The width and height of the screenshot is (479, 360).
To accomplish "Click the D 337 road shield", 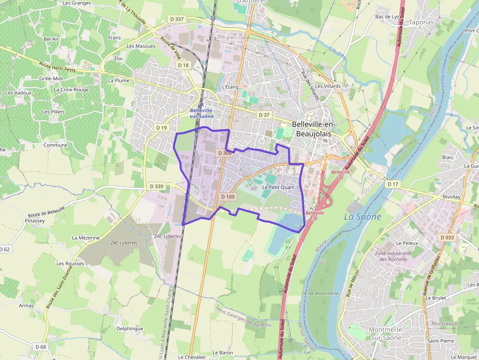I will [x=177, y=19].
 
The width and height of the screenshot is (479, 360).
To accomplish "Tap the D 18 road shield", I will [x=183, y=65].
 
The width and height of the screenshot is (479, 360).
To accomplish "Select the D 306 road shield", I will [x=225, y=153].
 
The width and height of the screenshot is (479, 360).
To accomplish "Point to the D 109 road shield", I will [x=228, y=197].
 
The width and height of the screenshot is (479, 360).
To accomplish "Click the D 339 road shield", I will [x=156, y=186].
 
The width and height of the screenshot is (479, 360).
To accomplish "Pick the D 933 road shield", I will [x=447, y=237].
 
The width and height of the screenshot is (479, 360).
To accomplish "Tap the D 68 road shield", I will [x=41, y=346].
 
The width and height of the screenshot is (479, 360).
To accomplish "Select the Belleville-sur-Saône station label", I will [x=202, y=113].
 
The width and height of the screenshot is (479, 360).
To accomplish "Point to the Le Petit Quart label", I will [x=278, y=187].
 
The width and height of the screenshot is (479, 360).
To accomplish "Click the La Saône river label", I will [x=363, y=216].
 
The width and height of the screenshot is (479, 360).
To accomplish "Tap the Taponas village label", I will [x=421, y=22].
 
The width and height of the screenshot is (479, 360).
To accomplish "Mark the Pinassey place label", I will [x=35, y=220].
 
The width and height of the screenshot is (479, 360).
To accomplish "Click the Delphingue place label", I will [x=130, y=328].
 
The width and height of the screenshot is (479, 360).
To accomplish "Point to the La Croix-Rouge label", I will [x=71, y=90].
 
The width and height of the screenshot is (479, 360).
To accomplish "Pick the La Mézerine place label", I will [x=86, y=238].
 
